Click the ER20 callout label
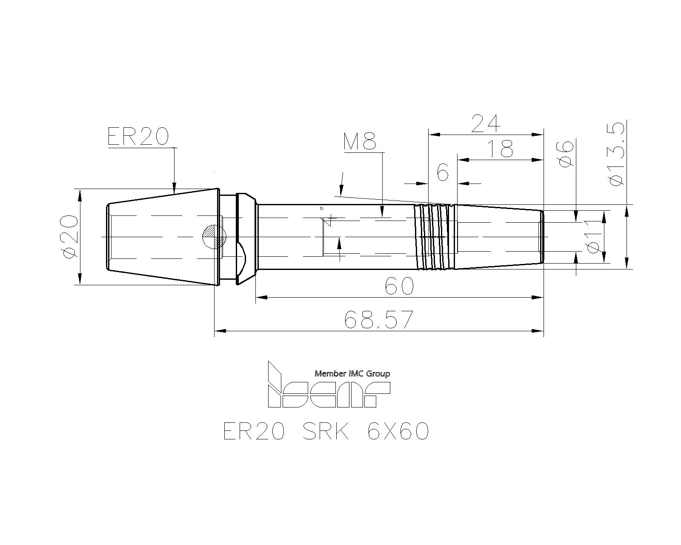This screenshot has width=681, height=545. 138,137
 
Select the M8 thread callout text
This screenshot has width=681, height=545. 360,141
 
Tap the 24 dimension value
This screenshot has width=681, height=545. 486,123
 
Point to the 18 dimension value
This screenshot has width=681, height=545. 500,149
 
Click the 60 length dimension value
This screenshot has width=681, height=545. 399,286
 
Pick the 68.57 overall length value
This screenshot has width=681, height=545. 379,319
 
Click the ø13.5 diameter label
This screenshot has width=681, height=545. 616,154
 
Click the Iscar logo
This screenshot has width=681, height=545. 329,384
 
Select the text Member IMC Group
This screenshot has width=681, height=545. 352,374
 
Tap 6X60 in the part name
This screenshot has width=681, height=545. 398,431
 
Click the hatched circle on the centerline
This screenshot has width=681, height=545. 215,237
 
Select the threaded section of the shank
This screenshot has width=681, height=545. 435,237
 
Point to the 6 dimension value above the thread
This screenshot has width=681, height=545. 443,172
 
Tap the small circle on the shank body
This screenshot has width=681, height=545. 321,208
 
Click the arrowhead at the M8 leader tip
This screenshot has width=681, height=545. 382,212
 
